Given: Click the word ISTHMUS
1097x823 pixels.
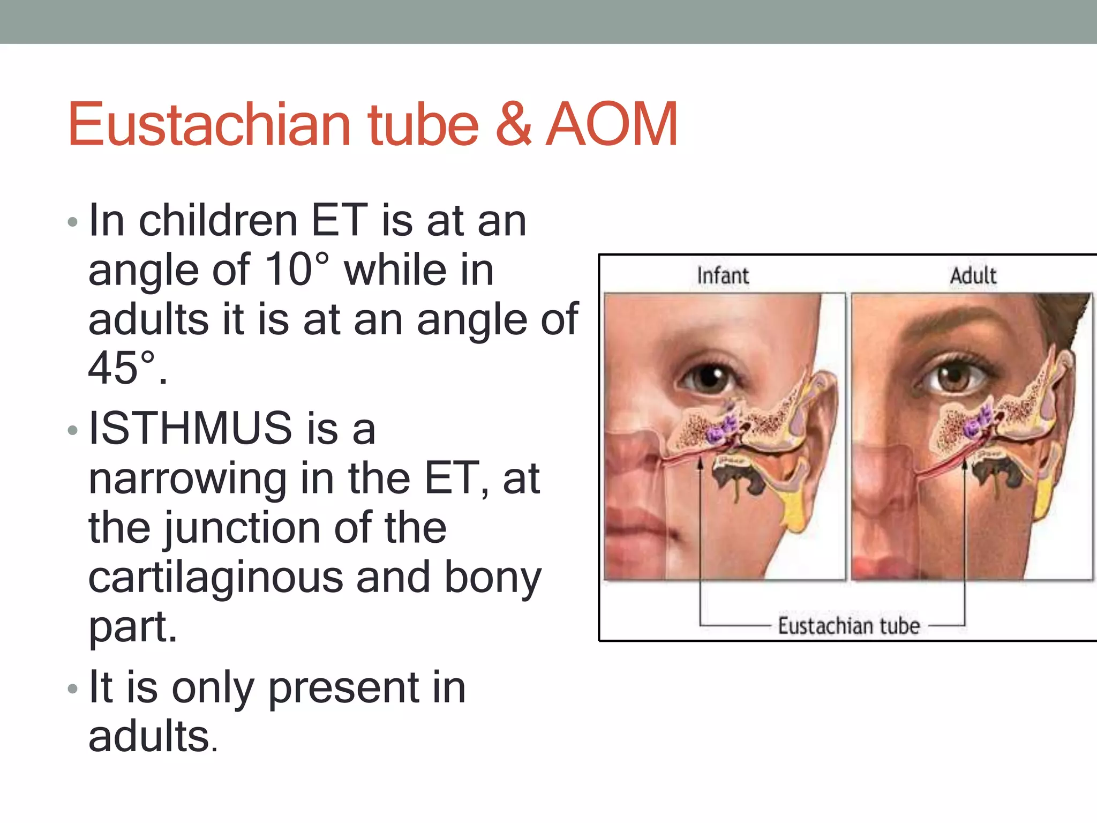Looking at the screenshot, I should (190, 428).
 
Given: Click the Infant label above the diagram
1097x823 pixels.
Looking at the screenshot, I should (723, 276).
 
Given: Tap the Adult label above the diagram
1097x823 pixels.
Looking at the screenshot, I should (973, 276).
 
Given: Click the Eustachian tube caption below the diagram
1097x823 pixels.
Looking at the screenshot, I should (848, 625).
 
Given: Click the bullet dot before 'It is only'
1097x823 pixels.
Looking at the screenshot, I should (73, 689).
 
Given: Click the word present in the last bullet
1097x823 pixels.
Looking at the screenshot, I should (343, 689).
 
